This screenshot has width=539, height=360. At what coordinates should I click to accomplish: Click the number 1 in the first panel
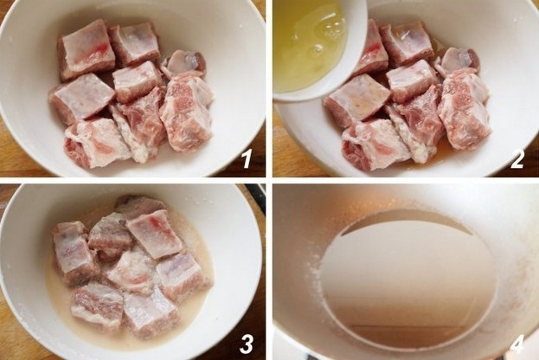(246, 159)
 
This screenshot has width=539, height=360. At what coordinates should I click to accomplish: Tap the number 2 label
(517, 159)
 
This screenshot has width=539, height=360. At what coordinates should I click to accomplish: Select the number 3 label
(246, 344)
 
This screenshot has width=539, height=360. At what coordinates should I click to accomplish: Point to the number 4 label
(517, 344)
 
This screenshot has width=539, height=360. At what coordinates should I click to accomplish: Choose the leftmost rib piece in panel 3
(72, 253)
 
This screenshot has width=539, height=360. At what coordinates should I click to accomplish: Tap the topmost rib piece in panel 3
(139, 206)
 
